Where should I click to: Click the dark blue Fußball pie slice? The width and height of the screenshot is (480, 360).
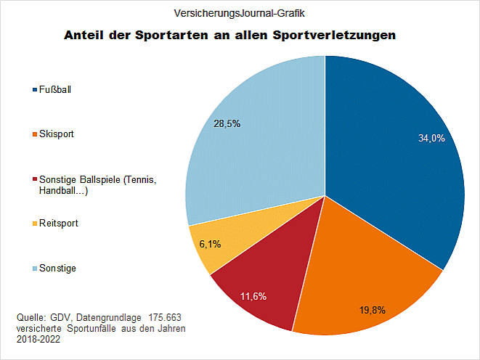click(392, 167)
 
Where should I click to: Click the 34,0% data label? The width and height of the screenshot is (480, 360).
click(431, 138)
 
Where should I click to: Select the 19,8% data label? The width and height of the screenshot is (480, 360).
click(372, 310)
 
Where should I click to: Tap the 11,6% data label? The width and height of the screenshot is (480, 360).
click(253, 296)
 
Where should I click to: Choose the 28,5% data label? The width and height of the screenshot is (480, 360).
click(227, 123)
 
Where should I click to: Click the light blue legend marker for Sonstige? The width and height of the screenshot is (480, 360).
click(36, 269)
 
